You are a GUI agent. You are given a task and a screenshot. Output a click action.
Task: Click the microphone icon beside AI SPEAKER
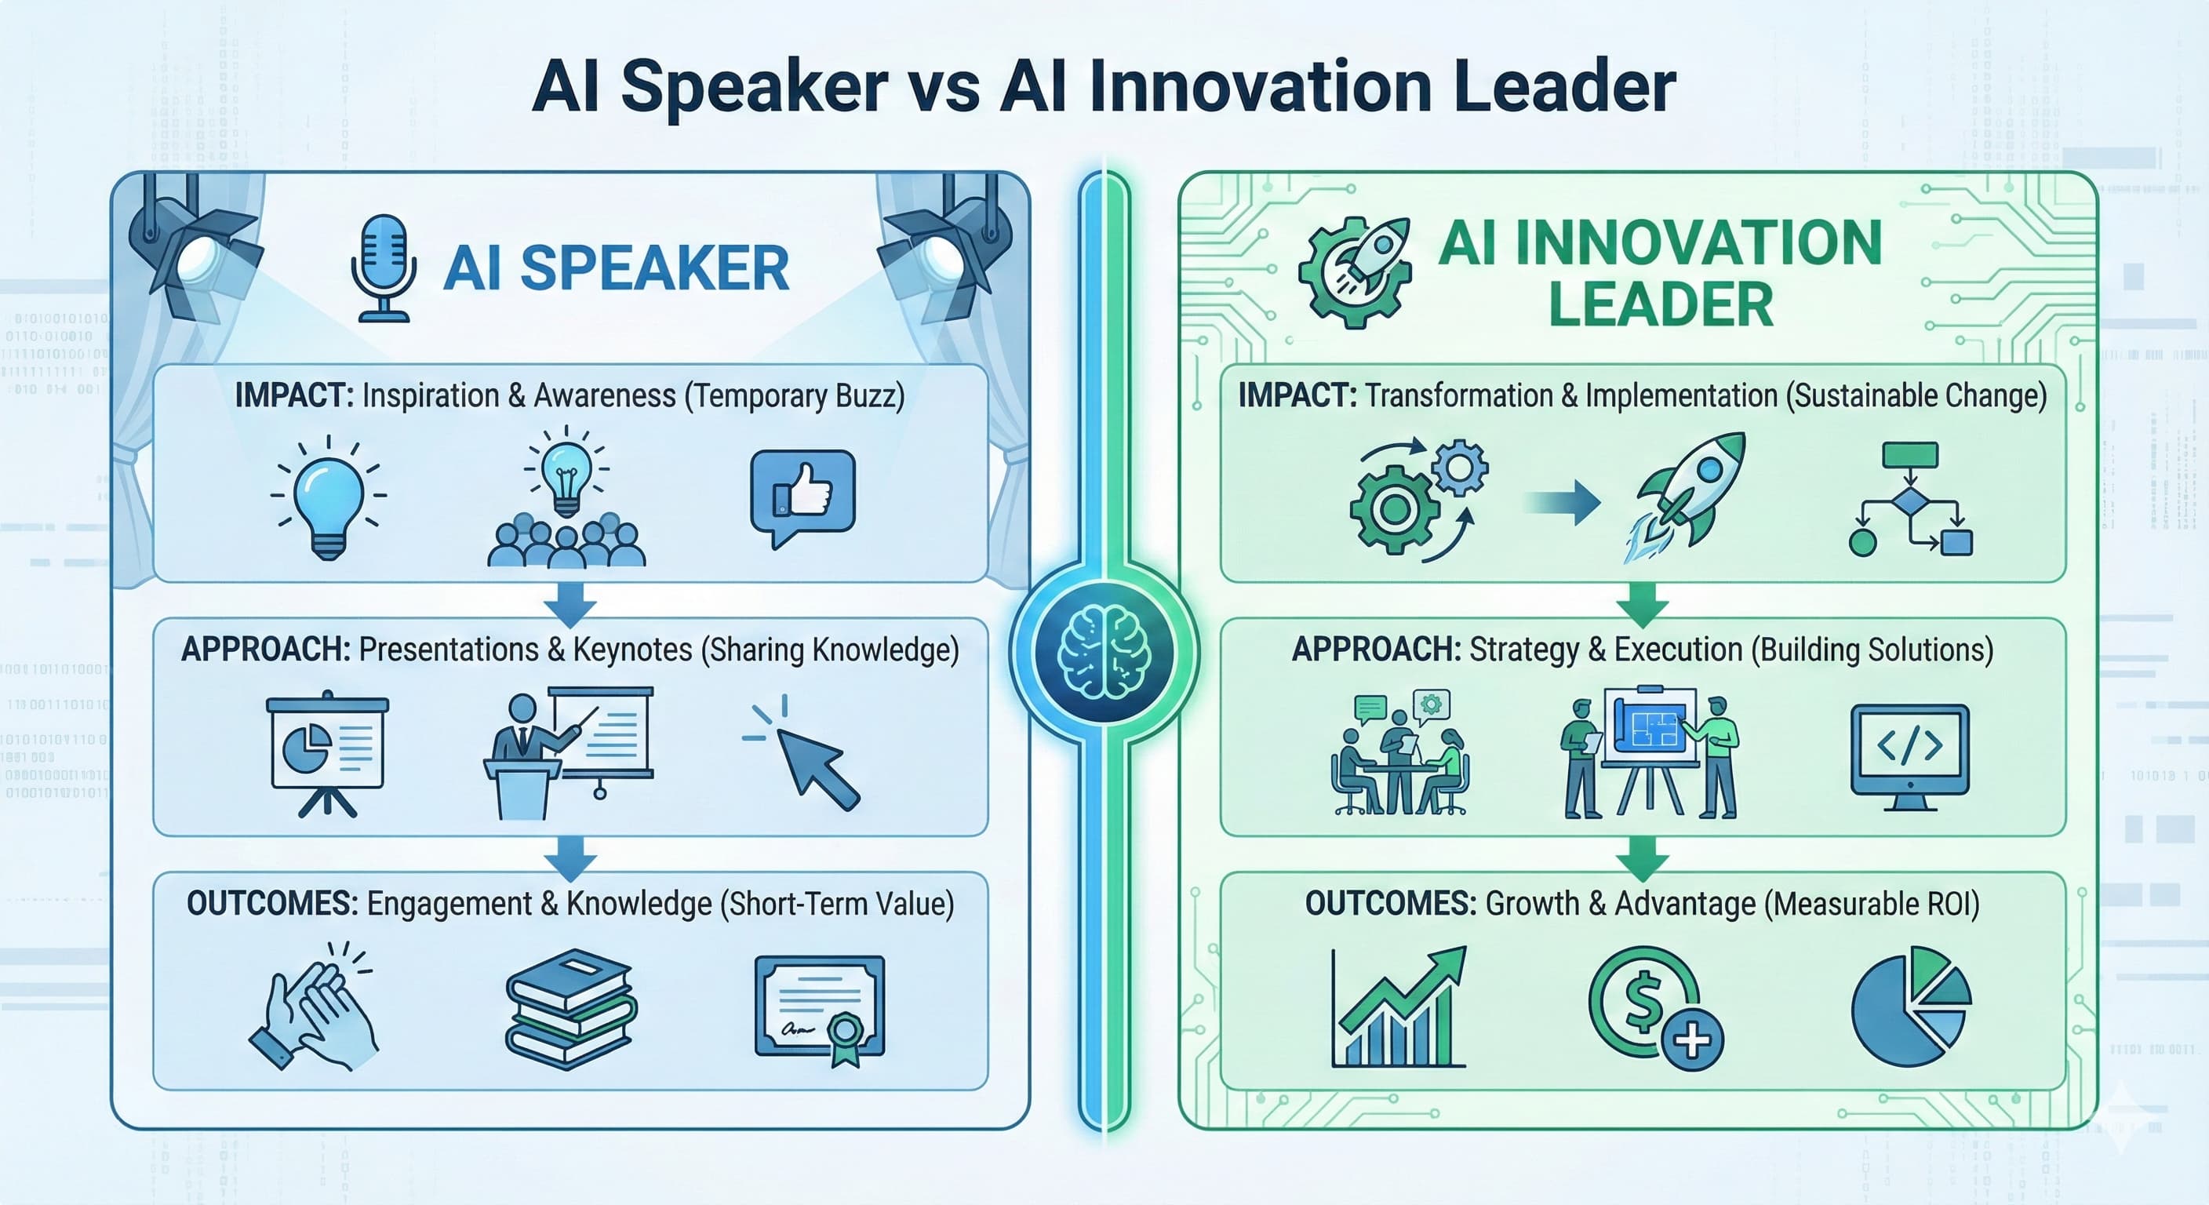(x=384, y=268)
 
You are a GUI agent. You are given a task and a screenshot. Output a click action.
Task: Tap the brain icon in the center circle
(x=1104, y=651)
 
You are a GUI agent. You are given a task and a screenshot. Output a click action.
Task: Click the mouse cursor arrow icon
(x=804, y=752)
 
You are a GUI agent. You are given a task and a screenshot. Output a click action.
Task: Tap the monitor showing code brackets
(x=1909, y=757)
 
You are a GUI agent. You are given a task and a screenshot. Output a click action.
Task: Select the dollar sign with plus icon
(x=1655, y=1008)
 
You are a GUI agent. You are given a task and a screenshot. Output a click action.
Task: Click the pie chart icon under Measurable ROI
(x=1911, y=1007)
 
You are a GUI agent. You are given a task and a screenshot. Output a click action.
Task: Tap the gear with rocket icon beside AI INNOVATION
(x=1354, y=272)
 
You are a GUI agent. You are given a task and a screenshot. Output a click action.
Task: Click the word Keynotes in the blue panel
(x=632, y=650)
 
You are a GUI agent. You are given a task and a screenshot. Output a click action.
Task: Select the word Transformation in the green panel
(x=1458, y=395)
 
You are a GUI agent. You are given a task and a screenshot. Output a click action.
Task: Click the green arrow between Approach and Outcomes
(x=1642, y=857)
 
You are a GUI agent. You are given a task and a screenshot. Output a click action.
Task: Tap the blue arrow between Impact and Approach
(x=570, y=605)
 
